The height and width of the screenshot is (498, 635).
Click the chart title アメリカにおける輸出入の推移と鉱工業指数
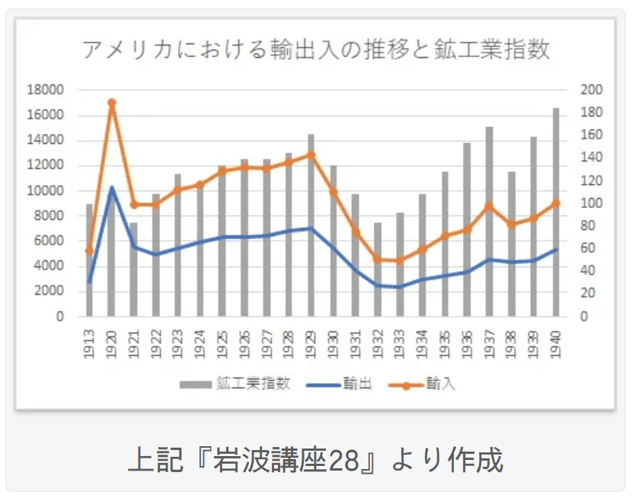point(316,50)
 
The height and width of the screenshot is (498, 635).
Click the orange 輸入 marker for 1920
point(111,102)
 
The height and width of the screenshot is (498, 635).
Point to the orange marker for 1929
point(311,155)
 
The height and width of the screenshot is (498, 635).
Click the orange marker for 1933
point(400,260)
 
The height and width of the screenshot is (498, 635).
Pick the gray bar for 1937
point(489,221)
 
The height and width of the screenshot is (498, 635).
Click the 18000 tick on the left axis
point(45,90)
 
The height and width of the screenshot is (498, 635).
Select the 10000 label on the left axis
point(45,190)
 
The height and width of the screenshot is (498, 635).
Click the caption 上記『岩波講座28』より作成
point(315,460)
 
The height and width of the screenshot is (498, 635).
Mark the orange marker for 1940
point(556,203)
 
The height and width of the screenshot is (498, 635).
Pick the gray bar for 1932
point(378,270)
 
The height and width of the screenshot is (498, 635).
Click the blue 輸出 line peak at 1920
point(111,187)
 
